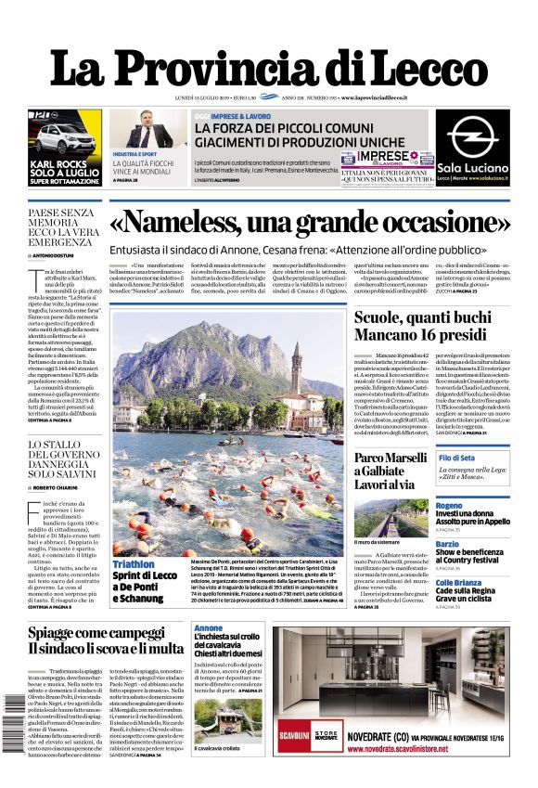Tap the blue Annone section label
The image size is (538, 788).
coord(208,628)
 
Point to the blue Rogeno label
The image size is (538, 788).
coord(449,505)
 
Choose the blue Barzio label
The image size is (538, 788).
coord(447,544)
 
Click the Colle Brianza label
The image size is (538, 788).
coord(460,582)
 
